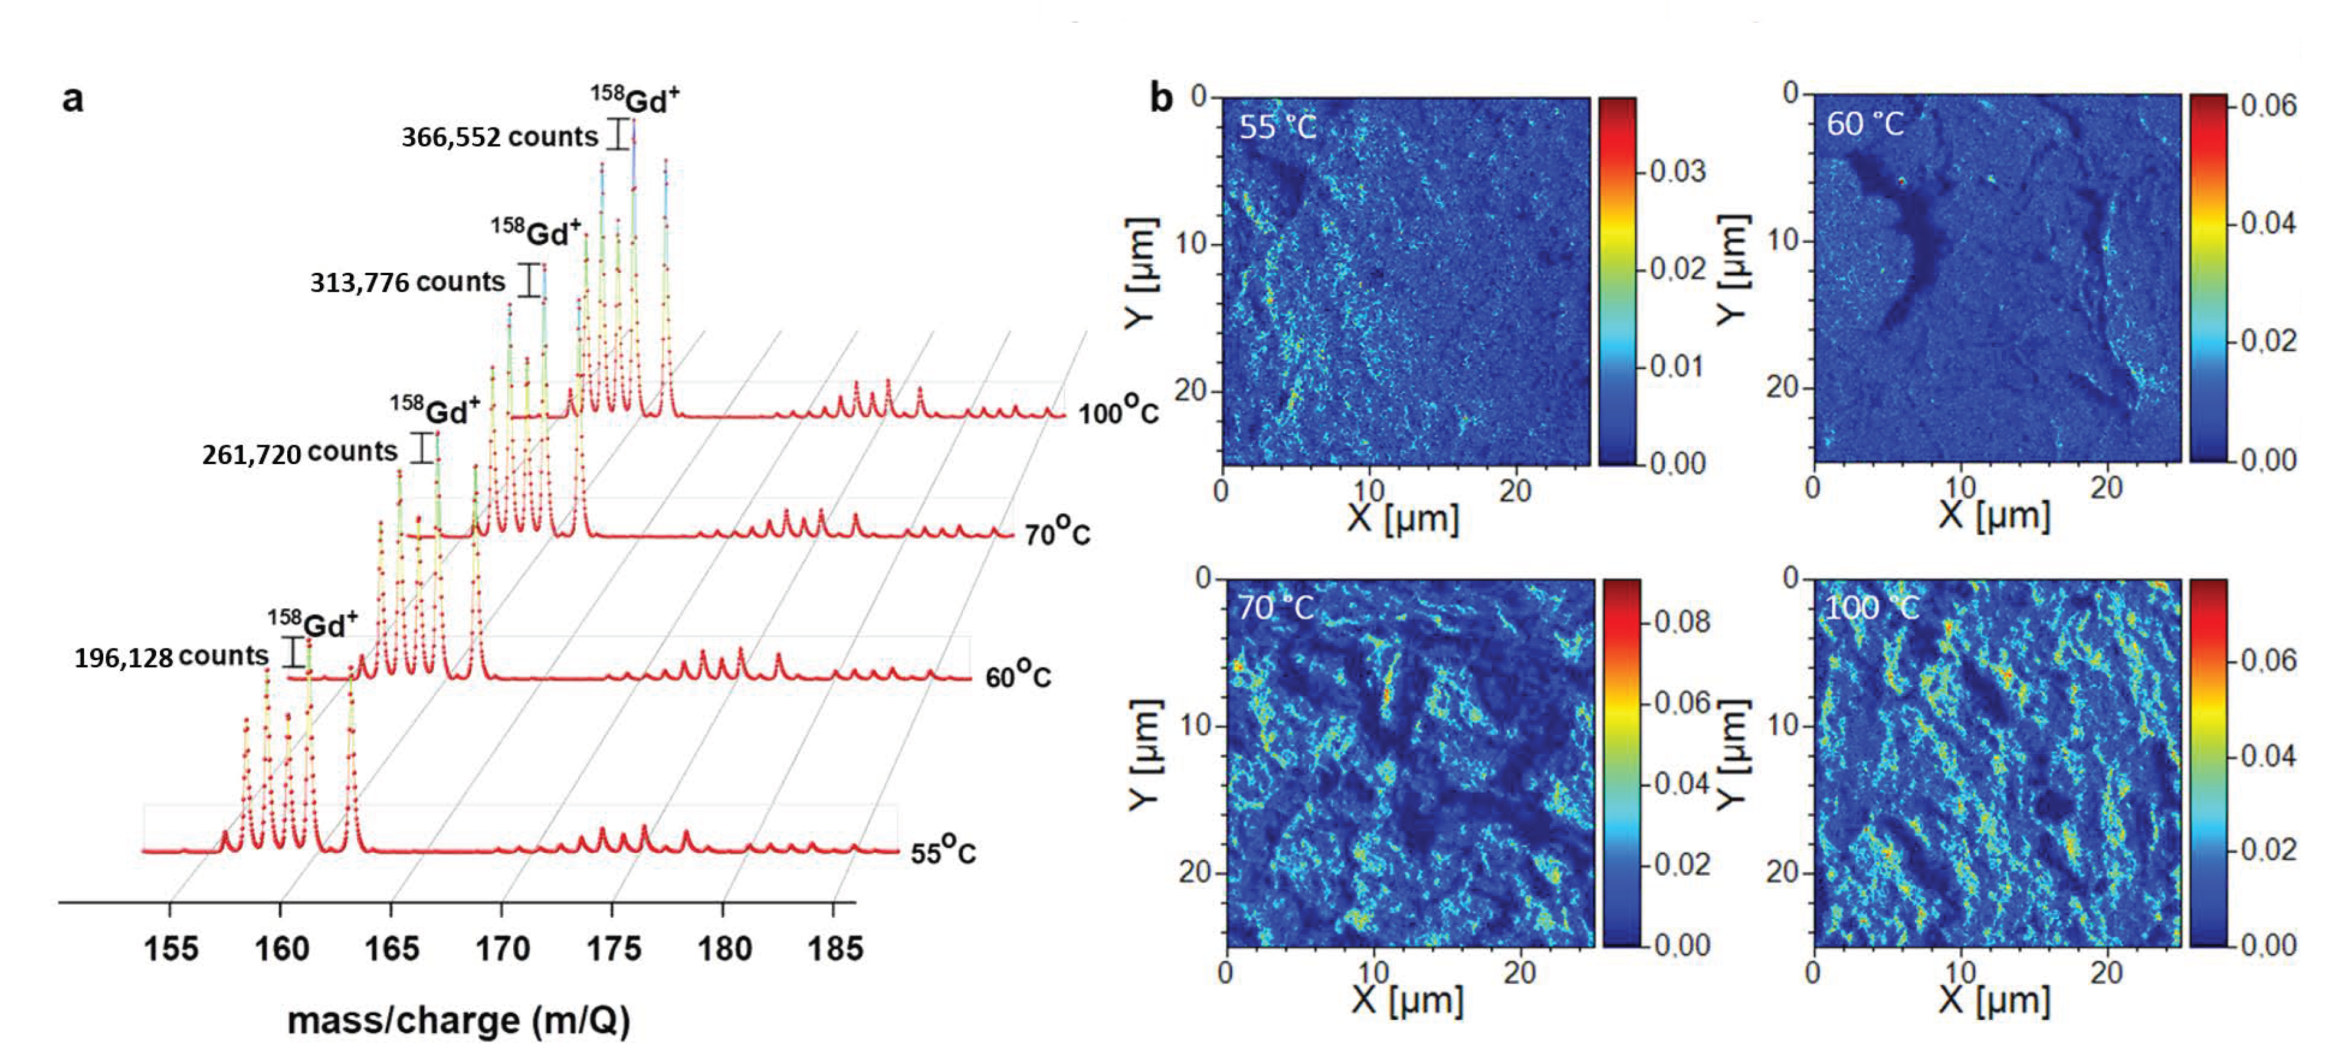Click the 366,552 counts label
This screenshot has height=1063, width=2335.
pyautogui.click(x=500, y=137)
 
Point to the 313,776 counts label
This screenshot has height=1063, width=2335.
pyautogui.click(x=407, y=282)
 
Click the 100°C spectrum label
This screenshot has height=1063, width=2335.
pyautogui.click(x=1117, y=412)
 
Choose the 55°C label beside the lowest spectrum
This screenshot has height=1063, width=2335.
pyautogui.click(x=943, y=851)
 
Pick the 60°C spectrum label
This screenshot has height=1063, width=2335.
pyautogui.click(x=1017, y=675)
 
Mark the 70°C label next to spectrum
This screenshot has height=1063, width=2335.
pyautogui.click(x=1057, y=533)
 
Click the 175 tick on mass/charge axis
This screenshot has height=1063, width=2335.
pyautogui.click(x=613, y=948)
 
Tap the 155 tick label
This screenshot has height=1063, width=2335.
pyautogui.click(x=170, y=948)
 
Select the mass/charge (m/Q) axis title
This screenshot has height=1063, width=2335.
pyautogui.click(x=458, y=1020)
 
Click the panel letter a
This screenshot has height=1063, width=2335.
pyautogui.click(x=73, y=98)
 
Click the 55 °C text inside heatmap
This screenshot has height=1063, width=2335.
pyautogui.click(x=1276, y=126)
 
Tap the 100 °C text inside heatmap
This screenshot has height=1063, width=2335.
pyautogui.click(x=1870, y=607)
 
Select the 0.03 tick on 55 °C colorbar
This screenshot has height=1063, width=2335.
pyautogui.click(x=1677, y=171)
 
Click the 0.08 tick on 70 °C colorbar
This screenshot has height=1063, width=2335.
pyautogui.click(x=1681, y=622)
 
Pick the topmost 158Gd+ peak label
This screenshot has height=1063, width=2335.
pyautogui.click(x=635, y=98)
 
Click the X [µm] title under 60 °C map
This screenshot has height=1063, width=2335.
pyautogui.click(x=1993, y=515)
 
